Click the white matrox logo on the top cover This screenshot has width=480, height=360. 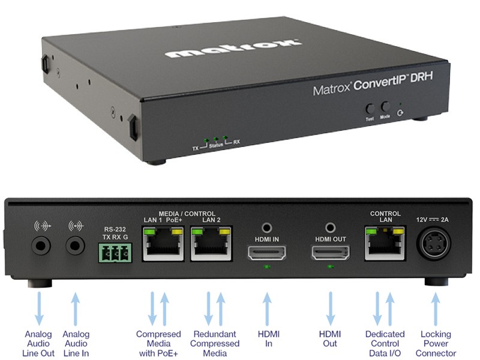click(233, 48)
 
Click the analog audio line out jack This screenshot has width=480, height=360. click(41, 245)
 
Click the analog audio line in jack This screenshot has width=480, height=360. click(76, 245)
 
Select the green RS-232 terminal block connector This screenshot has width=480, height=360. click(115, 253)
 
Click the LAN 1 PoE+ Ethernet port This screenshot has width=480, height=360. click(163, 244)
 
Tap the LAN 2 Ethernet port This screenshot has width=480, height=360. click(211, 244)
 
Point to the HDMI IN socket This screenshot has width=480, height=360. click(267, 253)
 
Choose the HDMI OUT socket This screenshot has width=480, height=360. click(331, 253)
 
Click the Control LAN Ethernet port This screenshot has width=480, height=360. click(385, 244)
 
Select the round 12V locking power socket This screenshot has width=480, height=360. click(433, 244)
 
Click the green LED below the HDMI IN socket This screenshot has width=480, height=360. click(267, 267)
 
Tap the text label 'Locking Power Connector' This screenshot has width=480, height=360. click(436, 343)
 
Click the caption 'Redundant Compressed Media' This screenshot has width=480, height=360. click(215, 343)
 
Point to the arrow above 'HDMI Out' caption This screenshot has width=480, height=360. click(331, 308)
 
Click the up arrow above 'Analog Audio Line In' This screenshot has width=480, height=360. click(76, 308)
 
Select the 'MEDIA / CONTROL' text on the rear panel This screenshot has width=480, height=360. click(187, 214)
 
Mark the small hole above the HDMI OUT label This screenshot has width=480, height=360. click(331, 228)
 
